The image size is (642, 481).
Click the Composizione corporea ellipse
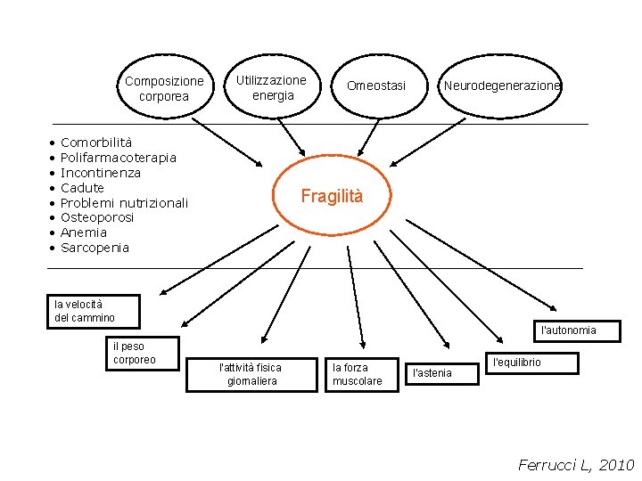coord(164,88)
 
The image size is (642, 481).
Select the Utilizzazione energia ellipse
coord(272,87)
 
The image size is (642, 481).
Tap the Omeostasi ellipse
coord(375,86)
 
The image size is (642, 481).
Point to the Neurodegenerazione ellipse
coord(502,86)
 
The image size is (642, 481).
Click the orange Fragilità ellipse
coord(332,197)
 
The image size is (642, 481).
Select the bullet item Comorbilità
coord(96,143)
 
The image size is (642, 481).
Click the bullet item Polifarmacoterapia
coord(118,158)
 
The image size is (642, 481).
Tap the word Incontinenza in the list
coord(100,173)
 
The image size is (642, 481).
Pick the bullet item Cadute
coord(82,188)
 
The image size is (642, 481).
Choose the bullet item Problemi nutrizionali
coord(124,203)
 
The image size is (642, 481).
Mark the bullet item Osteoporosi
coord(97,217)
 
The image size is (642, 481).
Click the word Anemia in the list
coord(83,232)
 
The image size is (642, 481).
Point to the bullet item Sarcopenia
coord(95,248)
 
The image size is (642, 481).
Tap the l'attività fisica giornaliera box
coord(251,374)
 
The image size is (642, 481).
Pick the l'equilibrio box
coord(530,363)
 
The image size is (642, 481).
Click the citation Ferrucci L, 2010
coord(575,465)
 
